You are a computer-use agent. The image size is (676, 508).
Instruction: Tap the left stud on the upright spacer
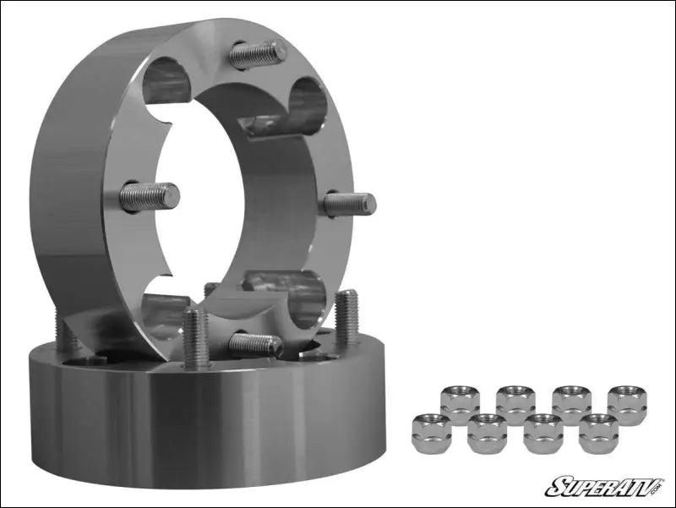point(150,197)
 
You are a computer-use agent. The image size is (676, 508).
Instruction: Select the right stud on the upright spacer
point(350,204)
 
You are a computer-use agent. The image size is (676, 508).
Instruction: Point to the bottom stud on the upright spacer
point(255,344)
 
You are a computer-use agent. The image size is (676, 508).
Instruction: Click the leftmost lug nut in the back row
point(460,401)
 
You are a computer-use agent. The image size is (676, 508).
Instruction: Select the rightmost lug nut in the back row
point(626,401)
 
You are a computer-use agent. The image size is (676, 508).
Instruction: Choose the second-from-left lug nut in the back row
point(515,401)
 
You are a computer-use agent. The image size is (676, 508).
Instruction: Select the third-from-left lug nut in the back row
point(571,401)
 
